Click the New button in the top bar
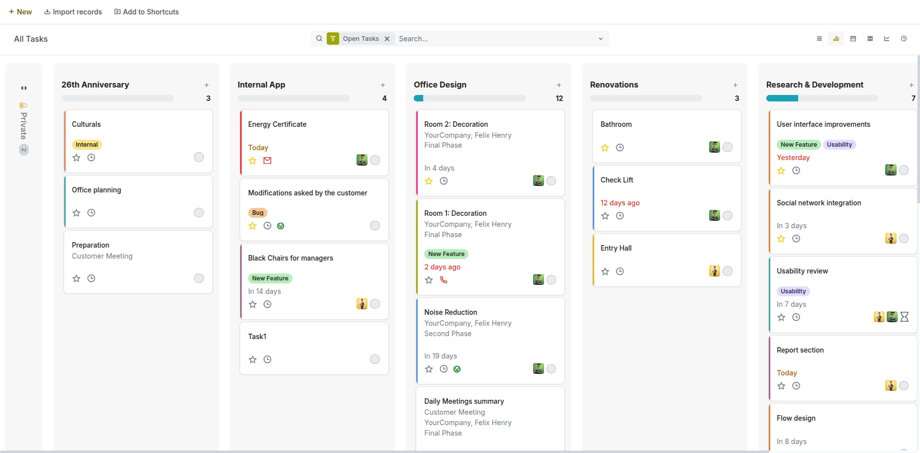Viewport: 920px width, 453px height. [20, 12]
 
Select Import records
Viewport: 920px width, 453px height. [73, 12]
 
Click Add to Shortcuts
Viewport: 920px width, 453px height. [147, 12]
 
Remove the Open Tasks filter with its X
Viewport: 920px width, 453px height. [387, 39]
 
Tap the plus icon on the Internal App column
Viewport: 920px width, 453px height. [383, 85]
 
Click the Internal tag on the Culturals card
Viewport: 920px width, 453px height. [87, 145]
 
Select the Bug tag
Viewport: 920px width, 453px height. [258, 213]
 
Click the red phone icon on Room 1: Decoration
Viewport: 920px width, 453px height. [444, 280]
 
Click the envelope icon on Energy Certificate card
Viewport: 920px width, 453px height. [268, 161]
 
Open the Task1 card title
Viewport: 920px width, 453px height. [257, 337]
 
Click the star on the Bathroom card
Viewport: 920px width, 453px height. [605, 148]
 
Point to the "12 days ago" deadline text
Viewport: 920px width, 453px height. [620, 203]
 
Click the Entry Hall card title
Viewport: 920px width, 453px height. [616, 248]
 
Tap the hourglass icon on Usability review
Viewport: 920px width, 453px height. [905, 317]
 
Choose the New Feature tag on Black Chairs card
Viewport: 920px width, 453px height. [270, 278]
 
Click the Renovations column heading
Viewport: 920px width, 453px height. [614, 85]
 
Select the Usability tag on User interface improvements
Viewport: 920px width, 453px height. [839, 145]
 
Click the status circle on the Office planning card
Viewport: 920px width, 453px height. [199, 213]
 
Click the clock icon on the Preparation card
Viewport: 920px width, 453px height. [92, 278]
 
